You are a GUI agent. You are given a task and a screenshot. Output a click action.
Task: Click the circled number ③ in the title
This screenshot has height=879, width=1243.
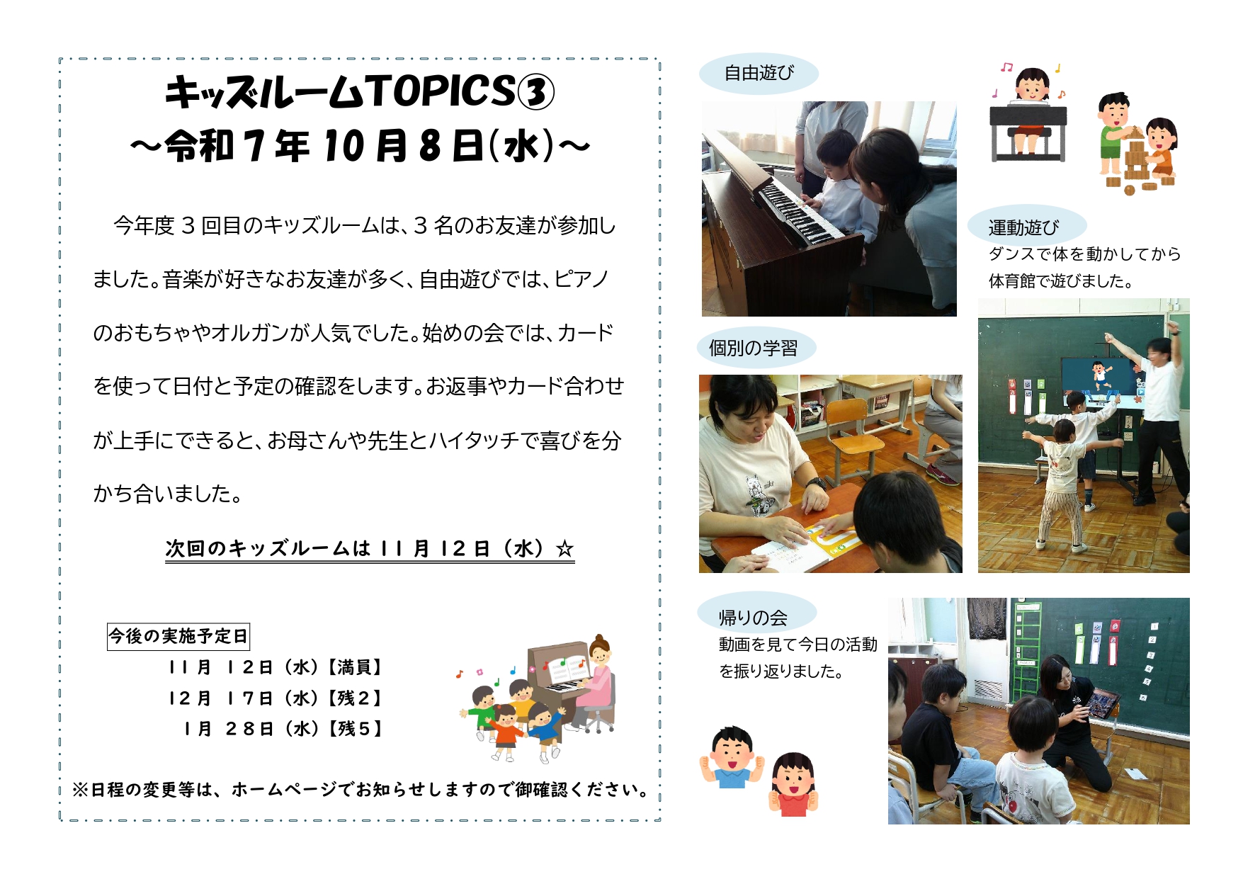click(x=535, y=93)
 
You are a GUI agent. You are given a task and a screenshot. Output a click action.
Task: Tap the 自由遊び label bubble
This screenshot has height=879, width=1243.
click(x=759, y=73)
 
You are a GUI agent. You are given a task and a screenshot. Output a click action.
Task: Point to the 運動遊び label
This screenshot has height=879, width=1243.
click(x=1024, y=227)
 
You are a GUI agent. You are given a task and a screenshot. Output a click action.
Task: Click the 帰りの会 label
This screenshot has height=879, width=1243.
click(x=754, y=617)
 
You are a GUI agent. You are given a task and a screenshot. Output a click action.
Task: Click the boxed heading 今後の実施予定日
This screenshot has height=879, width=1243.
click(x=178, y=636)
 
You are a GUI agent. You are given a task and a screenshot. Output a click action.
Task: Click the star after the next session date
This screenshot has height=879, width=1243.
click(x=564, y=549)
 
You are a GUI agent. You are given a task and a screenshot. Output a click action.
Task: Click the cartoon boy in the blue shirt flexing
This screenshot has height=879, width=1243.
click(x=732, y=756)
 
